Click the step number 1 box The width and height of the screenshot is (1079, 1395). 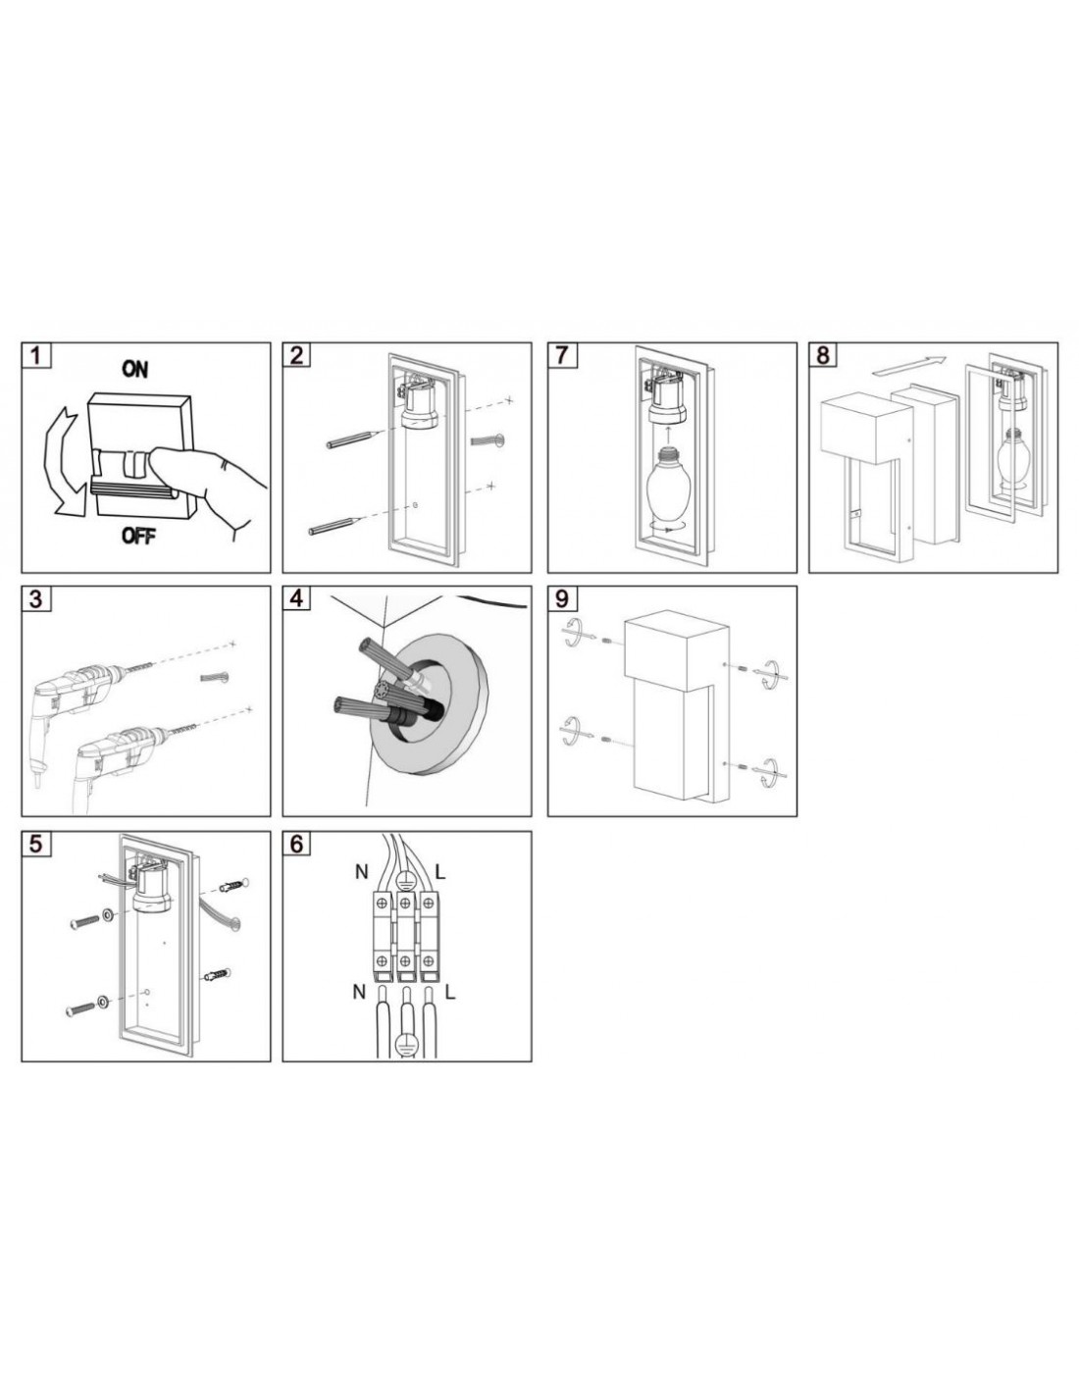(36, 355)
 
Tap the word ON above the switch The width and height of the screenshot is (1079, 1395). (134, 369)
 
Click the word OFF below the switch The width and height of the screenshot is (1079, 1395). (138, 536)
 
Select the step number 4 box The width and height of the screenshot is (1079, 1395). (296, 598)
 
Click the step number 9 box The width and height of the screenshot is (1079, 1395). (562, 598)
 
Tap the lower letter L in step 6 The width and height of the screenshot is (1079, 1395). (450, 993)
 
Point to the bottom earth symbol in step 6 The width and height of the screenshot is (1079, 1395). (404, 1043)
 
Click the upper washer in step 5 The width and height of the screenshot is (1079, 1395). (107, 913)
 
